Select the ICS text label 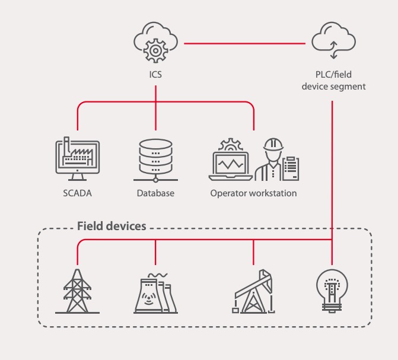pyautogui.click(x=155, y=75)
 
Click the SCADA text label pyautogui.click(x=77, y=193)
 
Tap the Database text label pyautogui.click(x=155, y=193)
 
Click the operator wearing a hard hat pyautogui.click(x=272, y=159)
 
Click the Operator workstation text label pyautogui.click(x=253, y=193)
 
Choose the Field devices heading pyautogui.click(x=112, y=226)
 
